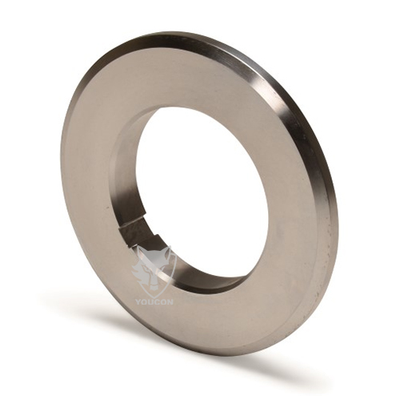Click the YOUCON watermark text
[154, 302]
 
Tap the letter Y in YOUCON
[138, 302]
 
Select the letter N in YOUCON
[170, 302]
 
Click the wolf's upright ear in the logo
[166, 253]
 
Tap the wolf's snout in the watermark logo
[153, 285]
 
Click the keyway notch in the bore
[139, 231]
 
